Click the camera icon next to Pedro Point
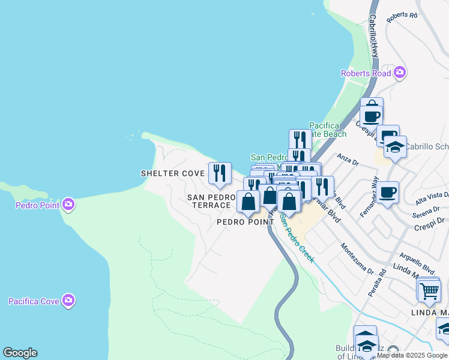tap(68, 205)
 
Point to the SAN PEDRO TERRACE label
tap(209, 201)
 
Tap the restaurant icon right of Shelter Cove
tap(220, 173)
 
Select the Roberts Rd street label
tap(402, 16)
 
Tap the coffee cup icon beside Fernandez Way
tap(388, 193)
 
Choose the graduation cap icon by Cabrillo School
tap(395, 146)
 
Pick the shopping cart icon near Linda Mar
tap(429, 291)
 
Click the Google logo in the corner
tap(20, 353)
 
